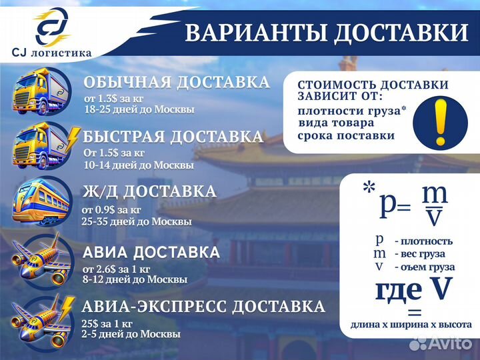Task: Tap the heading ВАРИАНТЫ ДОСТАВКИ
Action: (x=326, y=33)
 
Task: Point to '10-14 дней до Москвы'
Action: (x=139, y=165)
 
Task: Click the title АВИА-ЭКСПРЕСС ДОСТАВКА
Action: (x=203, y=307)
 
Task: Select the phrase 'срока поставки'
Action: (x=346, y=136)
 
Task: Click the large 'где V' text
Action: (x=413, y=290)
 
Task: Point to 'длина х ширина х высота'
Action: (x=411, y=325)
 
